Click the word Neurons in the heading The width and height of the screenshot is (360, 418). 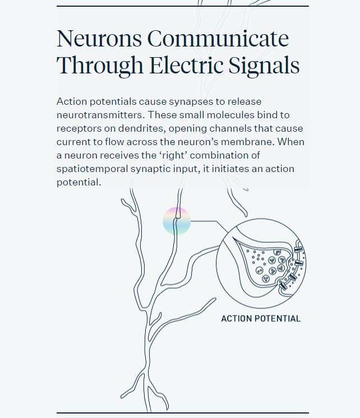(x=98, y=39)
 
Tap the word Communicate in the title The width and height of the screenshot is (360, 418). (x=218, y=39)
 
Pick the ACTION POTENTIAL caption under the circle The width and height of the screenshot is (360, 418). (x=261, y=319)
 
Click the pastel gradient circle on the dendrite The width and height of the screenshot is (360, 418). (x=177, y=221)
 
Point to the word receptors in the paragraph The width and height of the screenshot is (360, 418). (x=79, y=128)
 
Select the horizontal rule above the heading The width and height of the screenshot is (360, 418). (x=183, y=6)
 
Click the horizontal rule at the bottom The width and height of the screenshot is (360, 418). (x=183, y=413)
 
